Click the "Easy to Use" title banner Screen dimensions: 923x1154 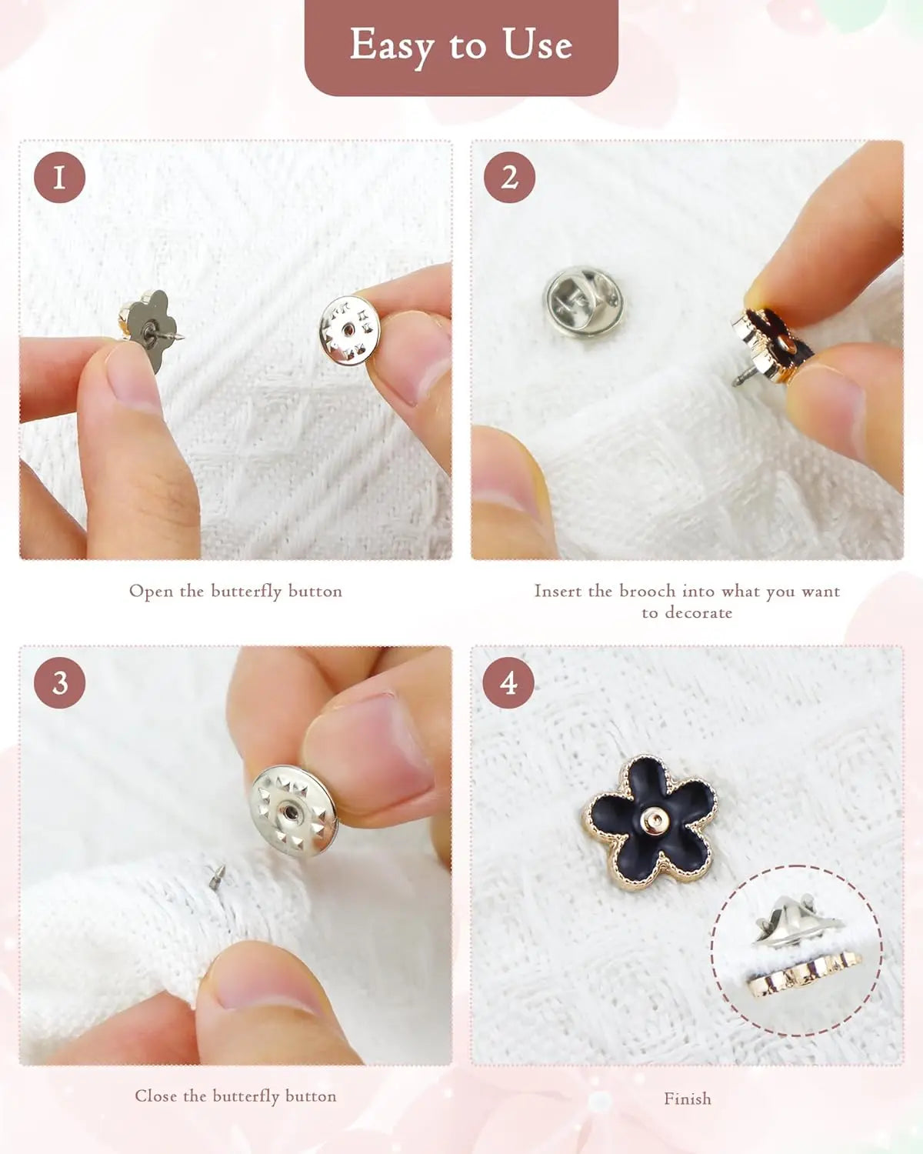[461, 47]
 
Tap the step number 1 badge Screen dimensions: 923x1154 [59, 177]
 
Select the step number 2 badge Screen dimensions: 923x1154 [509, 177]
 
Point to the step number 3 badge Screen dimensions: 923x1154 [59, 682]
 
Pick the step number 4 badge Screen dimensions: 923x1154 [508, 682]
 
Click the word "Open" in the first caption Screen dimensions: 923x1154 [152, 592]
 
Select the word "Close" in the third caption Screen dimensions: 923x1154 [155, 1096]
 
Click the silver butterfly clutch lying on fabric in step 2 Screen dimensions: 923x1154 [584, 301]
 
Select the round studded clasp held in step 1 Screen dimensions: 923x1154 [350, 330]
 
